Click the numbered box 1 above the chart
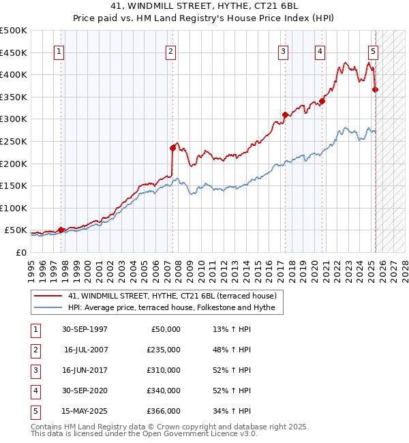click(x=59, y=51)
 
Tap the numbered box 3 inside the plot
click(x=283, y=51)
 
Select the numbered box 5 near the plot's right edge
click(x=374, y=51)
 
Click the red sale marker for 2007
click(x=172, y=147)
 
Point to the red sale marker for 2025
click(x=376, y=89)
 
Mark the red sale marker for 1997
click(x=61, y=230)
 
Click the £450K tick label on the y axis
click(x=14, y=52)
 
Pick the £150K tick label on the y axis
click(x=14, y=185)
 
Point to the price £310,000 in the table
click(x=164, y=370)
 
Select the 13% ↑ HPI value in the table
click(x=232, y=329)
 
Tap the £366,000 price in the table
click(x=164, y=411)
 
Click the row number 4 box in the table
click(x=35, y=391)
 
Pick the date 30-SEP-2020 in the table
click(x=85, y=391)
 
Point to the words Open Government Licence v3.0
click(x=197, y=433)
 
